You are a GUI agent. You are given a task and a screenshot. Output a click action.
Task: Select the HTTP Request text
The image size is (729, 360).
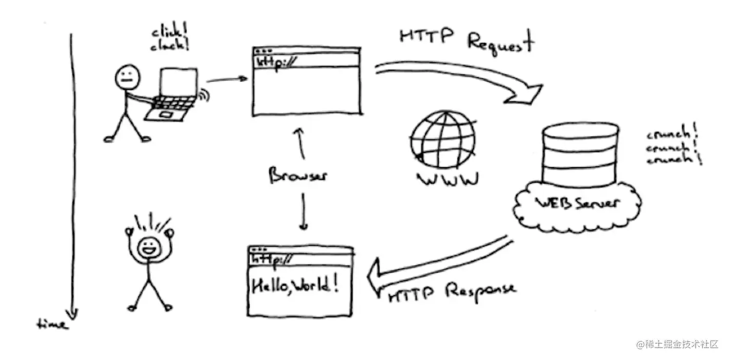point(466,40)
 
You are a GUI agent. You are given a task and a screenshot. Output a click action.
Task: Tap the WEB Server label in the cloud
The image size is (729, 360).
point(577,202)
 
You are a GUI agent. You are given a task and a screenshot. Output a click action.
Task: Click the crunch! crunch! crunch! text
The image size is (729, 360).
point(673,147)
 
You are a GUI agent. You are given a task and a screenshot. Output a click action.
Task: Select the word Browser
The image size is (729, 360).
point(298,176)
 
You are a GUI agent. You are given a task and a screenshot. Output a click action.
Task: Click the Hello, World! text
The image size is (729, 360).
point(295,285)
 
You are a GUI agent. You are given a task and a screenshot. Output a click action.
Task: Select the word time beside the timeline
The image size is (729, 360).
point(52,324)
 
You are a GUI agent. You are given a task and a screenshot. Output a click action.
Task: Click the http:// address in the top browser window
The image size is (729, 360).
point(278,62)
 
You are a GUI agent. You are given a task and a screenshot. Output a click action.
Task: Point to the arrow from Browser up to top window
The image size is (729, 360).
point(302,144)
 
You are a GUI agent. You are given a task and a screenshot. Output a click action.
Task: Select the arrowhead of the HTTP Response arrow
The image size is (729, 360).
point(377,277)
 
